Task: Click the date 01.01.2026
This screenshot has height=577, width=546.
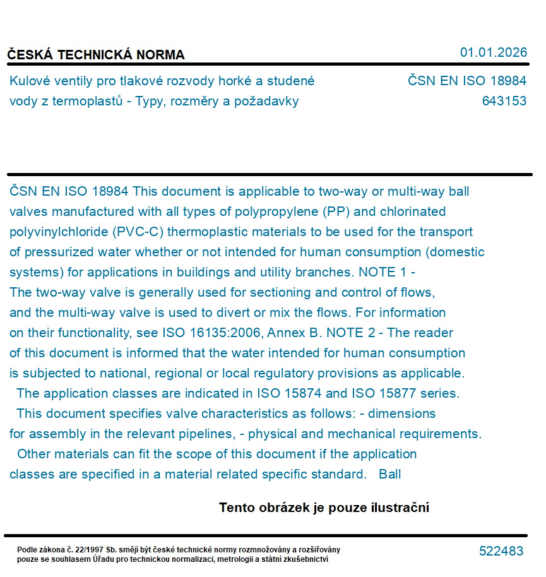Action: click(493, 52)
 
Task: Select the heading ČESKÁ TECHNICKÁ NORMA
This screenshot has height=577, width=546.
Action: click(96, 55)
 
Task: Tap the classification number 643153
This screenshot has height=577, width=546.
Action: click(504, 101)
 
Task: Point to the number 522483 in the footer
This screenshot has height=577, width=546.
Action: click(501, 551)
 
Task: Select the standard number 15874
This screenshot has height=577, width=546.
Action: click(300, 393)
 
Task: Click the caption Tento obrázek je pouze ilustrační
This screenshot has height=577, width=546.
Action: click(324, 508)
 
